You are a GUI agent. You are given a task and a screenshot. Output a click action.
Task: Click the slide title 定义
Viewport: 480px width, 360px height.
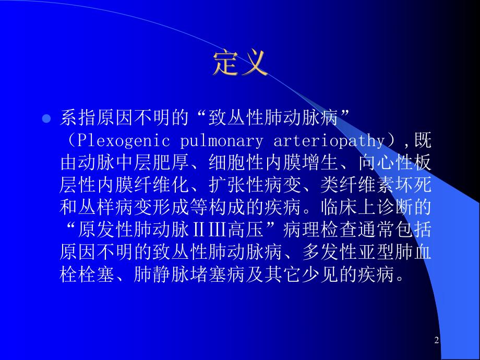pos(241,64)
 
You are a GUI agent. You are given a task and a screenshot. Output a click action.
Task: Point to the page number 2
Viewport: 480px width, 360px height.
pos(437,341)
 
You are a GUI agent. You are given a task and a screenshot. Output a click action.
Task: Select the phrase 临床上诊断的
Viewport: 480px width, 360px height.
pos(381,207)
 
